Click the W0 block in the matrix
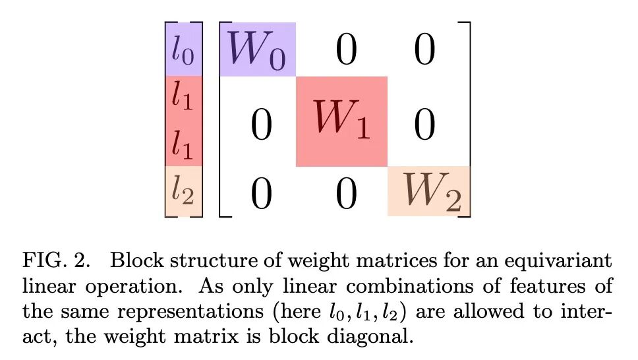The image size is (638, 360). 258,49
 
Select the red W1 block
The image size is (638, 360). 341,121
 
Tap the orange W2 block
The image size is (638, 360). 429,191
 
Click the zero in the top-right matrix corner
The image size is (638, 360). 424,50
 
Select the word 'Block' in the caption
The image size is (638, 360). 136,260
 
